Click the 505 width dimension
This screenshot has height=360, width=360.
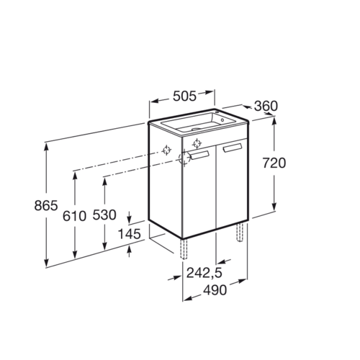click(184, 96)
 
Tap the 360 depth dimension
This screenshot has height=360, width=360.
click(266, 106)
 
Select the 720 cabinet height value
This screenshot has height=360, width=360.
click(274, 163)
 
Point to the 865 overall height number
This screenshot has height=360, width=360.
click(46, 206)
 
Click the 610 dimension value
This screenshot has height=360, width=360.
click(74, 216)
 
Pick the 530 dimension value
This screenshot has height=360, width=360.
click(104, 215)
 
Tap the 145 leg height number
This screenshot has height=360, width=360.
click(129, 234)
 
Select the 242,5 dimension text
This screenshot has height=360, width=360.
click(204, 273)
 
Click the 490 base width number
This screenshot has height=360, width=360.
click(215, 290)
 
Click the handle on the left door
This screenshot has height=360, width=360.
click(199, 155)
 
